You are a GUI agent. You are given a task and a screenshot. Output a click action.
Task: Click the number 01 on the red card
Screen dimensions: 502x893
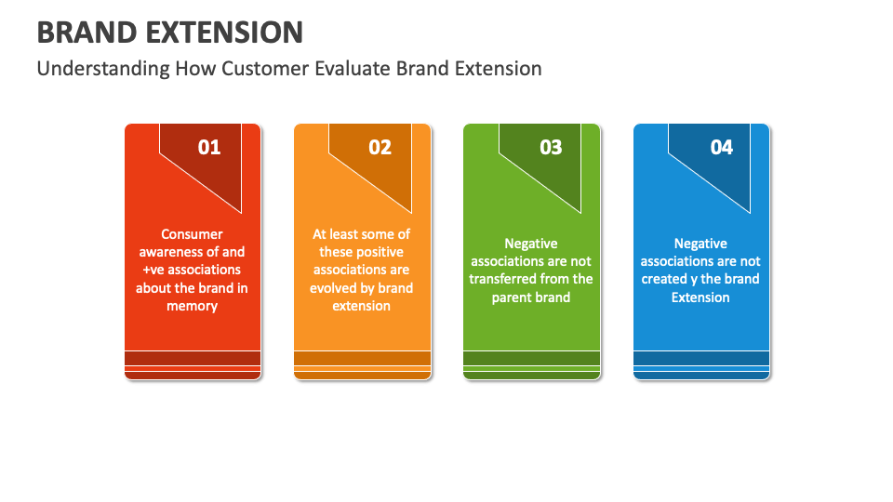[x=209, y=147]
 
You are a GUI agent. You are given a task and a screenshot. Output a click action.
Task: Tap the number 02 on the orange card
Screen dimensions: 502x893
[x=380, y=147]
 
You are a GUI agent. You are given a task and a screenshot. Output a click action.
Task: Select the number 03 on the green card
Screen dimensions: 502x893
[x=551, y=147]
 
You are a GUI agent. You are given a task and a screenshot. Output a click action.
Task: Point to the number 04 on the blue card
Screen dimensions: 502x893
[x=721, y=147]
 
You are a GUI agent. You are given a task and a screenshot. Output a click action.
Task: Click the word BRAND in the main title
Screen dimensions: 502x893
[x=87, y=33]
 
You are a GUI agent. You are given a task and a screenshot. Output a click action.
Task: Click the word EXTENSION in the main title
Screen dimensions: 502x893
[x=225, y=33]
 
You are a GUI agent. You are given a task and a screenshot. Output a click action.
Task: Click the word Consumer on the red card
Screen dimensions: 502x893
[x=192, y=234]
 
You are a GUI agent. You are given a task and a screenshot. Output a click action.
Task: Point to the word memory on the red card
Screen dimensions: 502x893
[x=192, y=306]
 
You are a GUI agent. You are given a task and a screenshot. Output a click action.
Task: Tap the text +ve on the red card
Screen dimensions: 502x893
[x=153, y=270]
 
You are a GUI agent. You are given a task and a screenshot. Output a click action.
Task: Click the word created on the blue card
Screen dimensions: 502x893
[x=664, y=279]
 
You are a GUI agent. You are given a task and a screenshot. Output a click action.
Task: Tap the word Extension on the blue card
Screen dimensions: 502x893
[x=700, y=297]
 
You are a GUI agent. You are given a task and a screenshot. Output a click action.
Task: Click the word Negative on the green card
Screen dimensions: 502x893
[x=531, y=244]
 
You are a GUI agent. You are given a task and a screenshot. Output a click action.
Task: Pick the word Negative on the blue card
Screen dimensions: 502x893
[x=700, y=244]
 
